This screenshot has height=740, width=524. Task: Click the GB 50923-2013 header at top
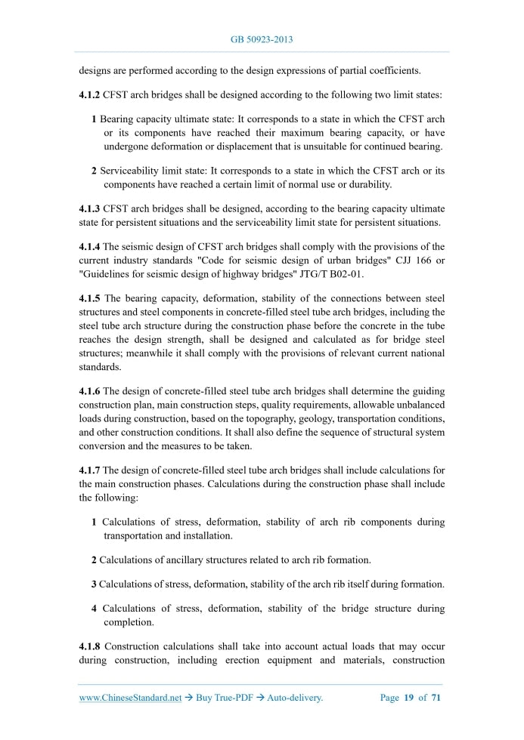point(262,39)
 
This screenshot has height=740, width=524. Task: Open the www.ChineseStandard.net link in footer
point(130,698)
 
